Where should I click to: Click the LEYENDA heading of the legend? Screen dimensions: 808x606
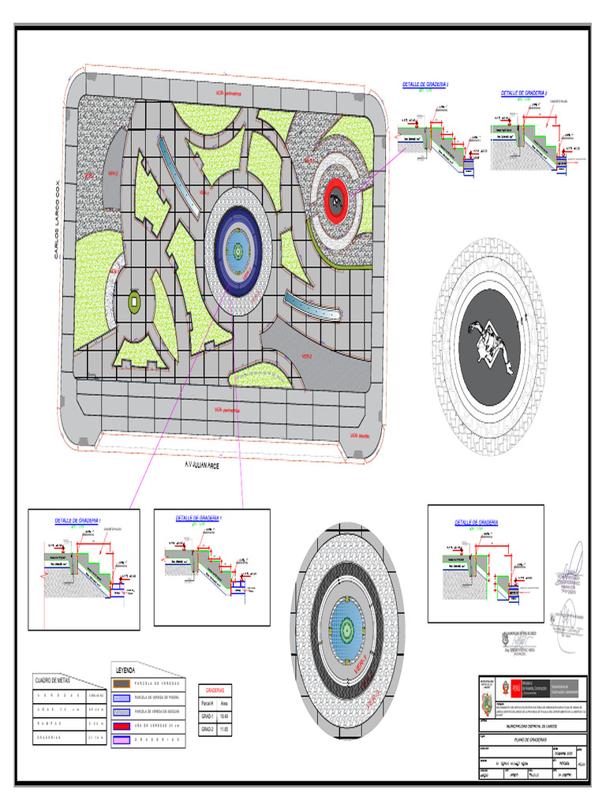(x=126, y=670)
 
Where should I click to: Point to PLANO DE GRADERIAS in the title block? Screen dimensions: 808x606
(x=530, y=739)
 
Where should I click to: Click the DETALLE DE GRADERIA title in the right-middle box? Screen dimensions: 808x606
(x=476, y=523)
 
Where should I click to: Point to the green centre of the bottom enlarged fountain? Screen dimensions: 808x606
(x=347, y=627)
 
